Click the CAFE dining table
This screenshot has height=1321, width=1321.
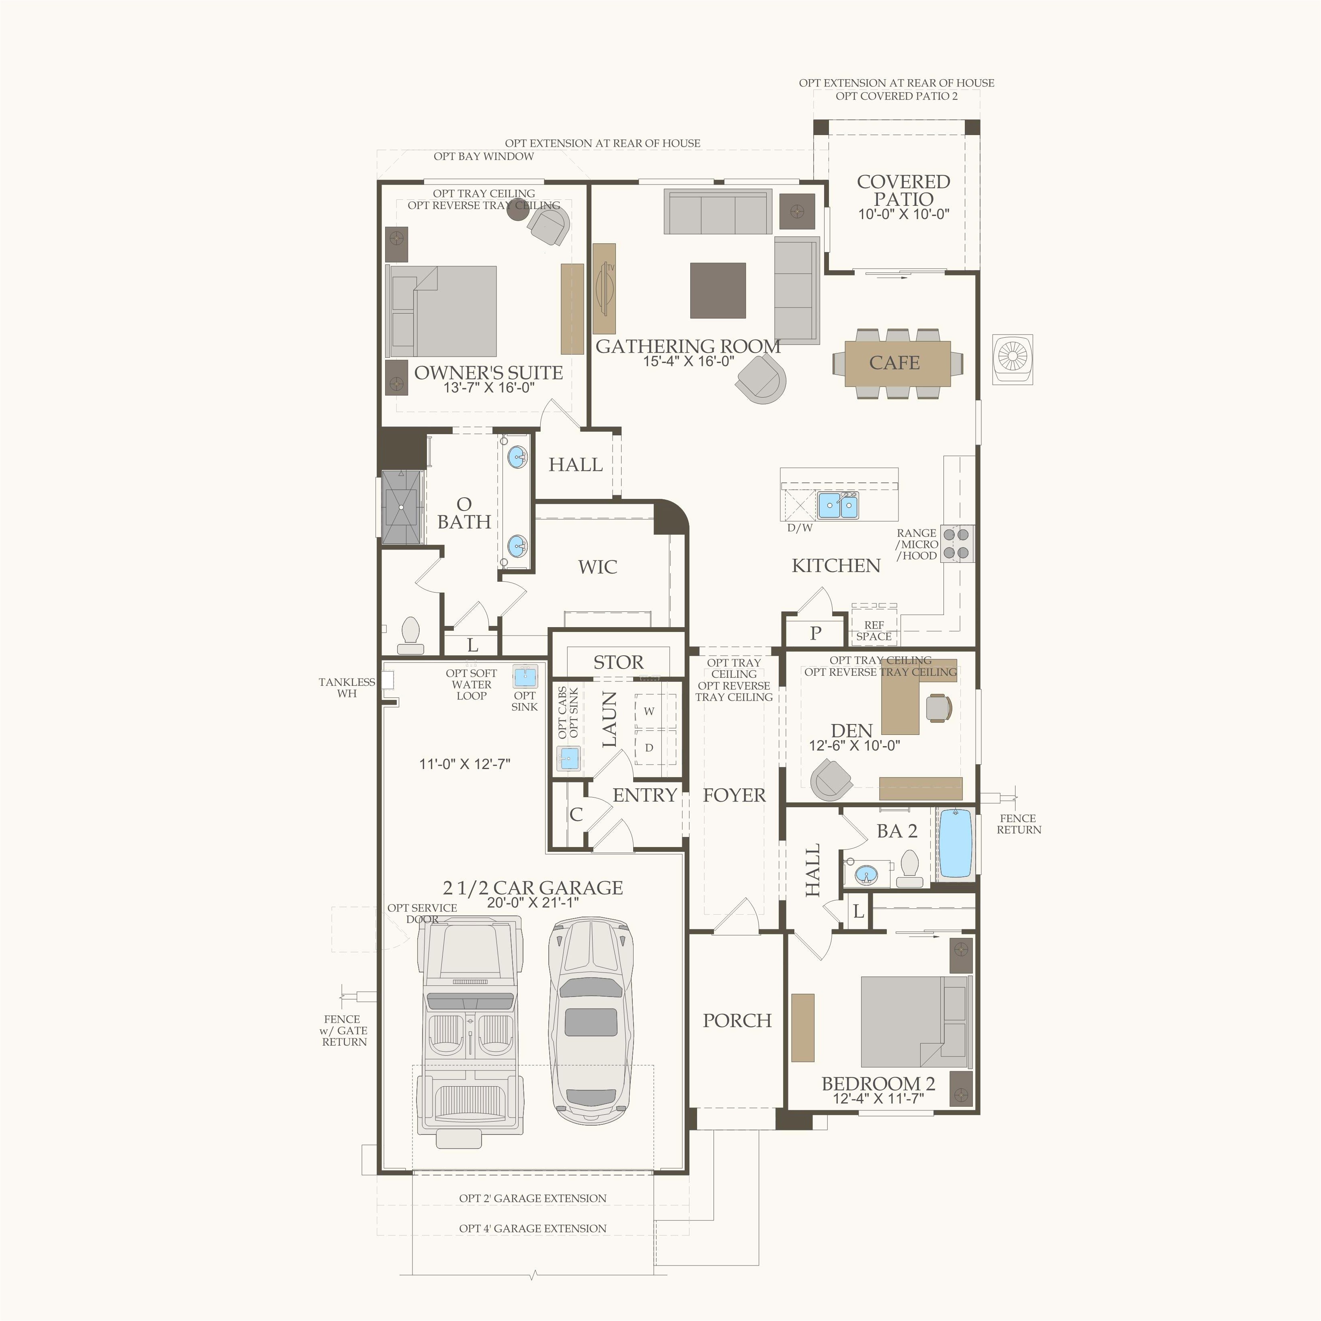tap(897, 363)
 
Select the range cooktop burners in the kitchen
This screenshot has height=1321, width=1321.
tap(956, 544)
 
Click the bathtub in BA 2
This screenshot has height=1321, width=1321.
tap(955, 843)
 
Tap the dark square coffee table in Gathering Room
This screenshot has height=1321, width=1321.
tap(718, 291)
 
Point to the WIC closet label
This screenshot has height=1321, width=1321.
tap(598, 567)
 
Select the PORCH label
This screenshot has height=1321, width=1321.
tap(737, 1020)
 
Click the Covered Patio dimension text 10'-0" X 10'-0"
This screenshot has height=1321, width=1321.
tap(904, 214)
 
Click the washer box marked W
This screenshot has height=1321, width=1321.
tap(649, 711)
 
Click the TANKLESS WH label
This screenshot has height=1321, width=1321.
tap(347, 688)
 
